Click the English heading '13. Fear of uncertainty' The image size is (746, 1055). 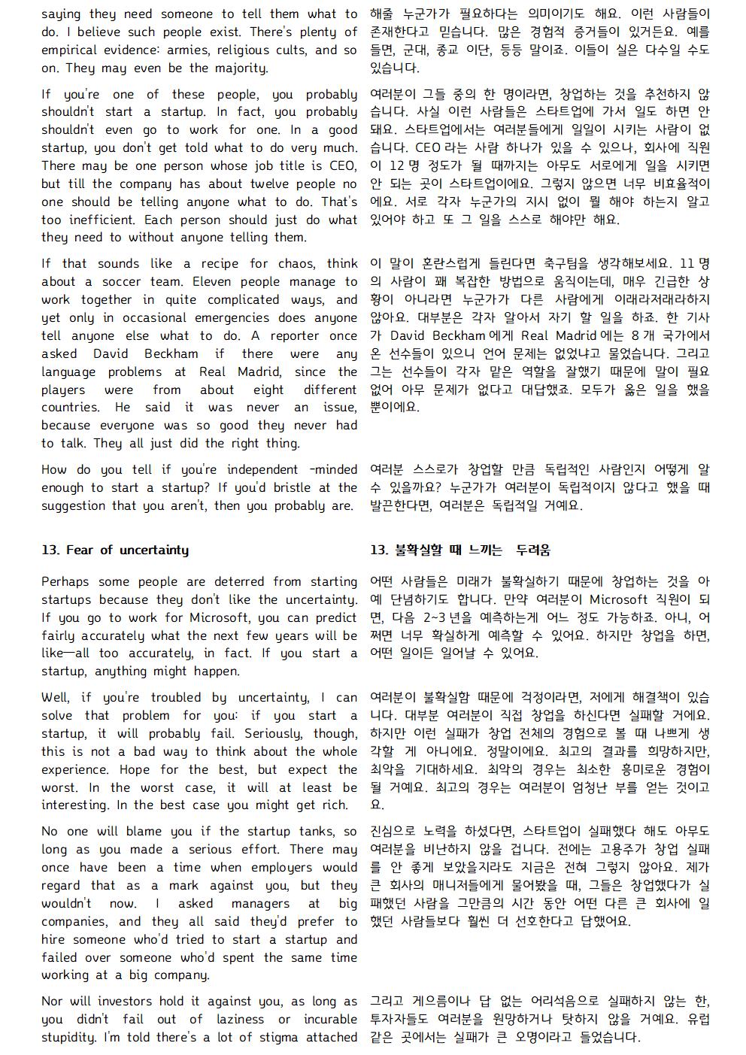click(x=115, y=550)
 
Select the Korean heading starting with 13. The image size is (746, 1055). click(x=459, y=550)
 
